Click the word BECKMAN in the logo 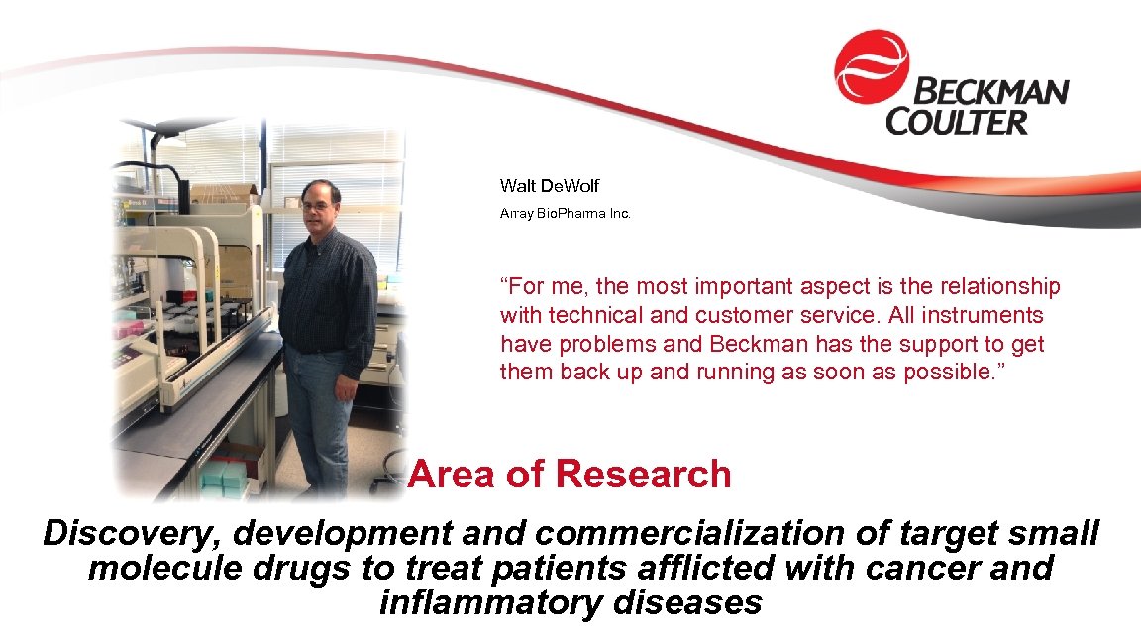(989, 94)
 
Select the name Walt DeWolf (550, 186)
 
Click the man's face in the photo (320, 209)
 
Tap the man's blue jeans (316, 416)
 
